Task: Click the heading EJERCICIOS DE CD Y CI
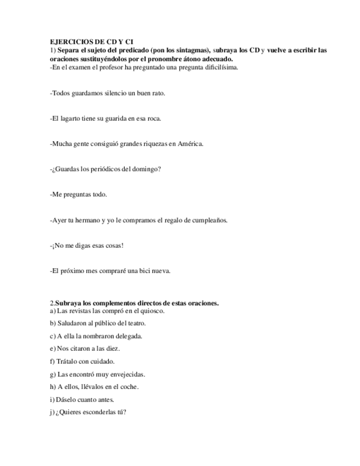pos(91,42)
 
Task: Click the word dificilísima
pos(218,68)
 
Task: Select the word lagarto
pos(71,118)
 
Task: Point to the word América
pos(192,144)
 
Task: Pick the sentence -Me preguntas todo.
pos(78,195)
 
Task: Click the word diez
pos(114,348)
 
